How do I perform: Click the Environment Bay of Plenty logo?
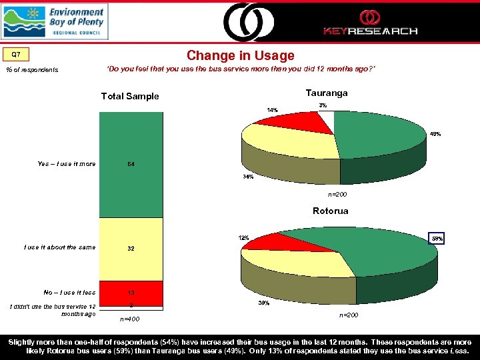tap(54, 21)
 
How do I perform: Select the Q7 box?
tap(21, 54)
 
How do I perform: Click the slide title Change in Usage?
tap(240, 55)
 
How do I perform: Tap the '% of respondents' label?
tap(32, 70)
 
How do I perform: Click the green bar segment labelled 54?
tap(131, 164)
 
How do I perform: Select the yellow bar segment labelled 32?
tap(131, 249)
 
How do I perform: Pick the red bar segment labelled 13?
tap(131, 292)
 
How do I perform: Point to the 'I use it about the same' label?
tap(59, 247)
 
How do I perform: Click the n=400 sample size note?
tap(130, 319)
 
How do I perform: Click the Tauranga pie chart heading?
tap(326, 93)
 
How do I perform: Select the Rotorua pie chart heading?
tap(330, 211)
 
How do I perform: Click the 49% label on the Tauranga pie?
tap(435, 134)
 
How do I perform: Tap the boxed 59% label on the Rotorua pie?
tap(437, 238)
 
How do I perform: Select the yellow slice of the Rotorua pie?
tap(307, 261)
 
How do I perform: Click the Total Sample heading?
tap(129, 97)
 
